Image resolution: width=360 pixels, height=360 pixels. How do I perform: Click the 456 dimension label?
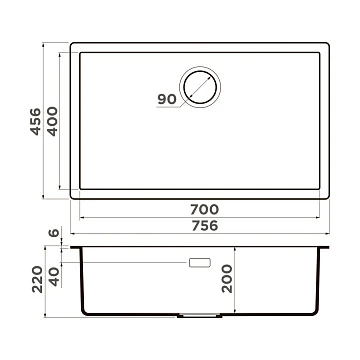coord(36,122)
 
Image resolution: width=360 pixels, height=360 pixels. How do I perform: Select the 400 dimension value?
coord(52,121)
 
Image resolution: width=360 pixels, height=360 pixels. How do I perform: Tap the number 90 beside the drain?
coord(167,99)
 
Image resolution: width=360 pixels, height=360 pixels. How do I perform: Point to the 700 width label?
coord(205,210)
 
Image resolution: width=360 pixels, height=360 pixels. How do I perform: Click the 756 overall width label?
coord(205,226)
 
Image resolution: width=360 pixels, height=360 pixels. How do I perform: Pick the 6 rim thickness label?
coord(54,233)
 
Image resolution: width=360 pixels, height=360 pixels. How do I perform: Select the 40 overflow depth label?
coord(54,277)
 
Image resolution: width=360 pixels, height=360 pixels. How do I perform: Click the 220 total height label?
coord(38,279)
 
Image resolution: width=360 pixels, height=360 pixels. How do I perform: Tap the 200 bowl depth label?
coord(227,279)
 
